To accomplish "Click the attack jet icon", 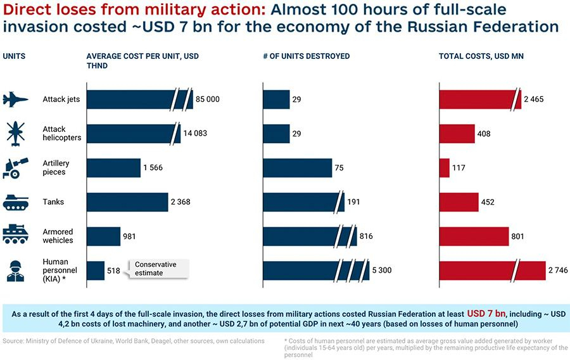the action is tap(15, 100).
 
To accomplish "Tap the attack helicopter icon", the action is tap(15, 134).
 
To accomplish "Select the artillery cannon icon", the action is tap(15, 167).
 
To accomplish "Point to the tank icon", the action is tap(15, 202).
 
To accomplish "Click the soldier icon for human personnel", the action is tap(15, 271).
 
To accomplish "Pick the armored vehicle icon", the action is tap(15, 233).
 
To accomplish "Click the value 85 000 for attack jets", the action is tap(208, 100).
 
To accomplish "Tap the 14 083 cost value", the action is tap(195, 134).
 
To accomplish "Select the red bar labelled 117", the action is tap(444, 167).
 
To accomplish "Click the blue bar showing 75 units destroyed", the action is tap(298, 167).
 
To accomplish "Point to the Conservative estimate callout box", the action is tap(158, 269).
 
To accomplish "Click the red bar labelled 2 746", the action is tap(493, 271).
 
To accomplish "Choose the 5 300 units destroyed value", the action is tap(382, 270).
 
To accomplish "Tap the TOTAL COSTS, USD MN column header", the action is tap(481, 56).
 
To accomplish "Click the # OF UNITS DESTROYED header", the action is tap(307, 56).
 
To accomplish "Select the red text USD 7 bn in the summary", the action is tap(486, 314).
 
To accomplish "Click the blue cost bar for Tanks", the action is tap(127, 202).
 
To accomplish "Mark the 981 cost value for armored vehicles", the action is tap(129, 236).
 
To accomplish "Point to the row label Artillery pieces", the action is tap(56, 167).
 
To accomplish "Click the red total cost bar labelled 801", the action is tap(474, 236).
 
